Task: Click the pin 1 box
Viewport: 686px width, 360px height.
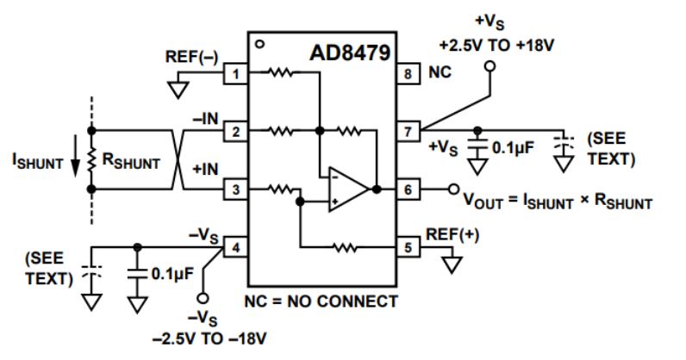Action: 234,75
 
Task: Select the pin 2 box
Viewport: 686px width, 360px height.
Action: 234,132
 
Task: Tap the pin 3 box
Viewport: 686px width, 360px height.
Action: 234,189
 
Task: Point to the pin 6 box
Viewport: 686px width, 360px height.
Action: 408,189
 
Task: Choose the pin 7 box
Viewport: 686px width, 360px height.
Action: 408,132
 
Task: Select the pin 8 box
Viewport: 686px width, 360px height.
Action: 408,75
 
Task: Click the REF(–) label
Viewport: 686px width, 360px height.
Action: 192,57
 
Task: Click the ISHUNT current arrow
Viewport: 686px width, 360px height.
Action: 74,161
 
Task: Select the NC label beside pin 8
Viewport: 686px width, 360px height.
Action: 440,75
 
